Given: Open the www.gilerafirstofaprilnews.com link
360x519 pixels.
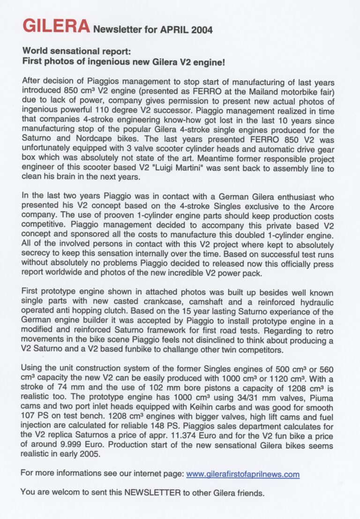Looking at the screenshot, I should pos(243,475).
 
